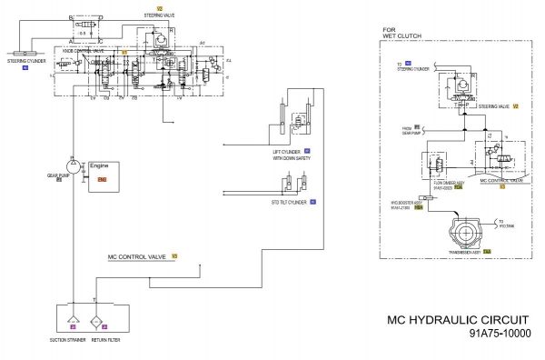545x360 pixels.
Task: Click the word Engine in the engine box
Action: click(x=100, y=165)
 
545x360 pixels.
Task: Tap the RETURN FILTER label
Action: click(x=106, y=340)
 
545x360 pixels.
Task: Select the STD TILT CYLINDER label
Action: click(x=288, y=202)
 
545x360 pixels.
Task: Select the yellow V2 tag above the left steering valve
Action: click(x=159, y=8)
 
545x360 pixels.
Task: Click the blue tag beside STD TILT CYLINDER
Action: click(x=312, y=202)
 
